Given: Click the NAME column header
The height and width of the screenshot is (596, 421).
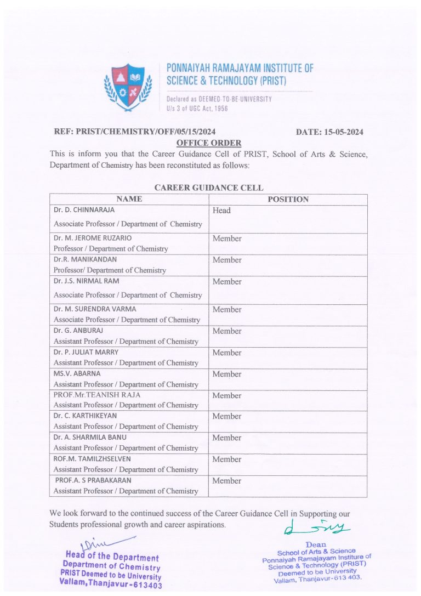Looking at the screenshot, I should (x=129, y=200).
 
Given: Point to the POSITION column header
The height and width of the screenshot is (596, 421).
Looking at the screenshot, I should (x=288, y=200).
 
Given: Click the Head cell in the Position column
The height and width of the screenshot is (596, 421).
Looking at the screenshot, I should (x=221, y=211).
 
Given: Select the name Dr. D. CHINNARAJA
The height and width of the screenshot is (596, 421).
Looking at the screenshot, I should (x=84, y=210).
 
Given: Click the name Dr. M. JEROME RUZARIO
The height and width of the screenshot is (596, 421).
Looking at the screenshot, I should (x=93, y=238).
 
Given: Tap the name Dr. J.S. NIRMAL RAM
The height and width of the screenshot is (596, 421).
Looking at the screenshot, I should (x=86, y=281).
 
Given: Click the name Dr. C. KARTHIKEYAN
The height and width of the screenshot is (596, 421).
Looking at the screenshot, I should (x=85, y=416).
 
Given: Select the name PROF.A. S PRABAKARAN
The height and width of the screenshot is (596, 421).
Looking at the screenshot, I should (x=93, y=480).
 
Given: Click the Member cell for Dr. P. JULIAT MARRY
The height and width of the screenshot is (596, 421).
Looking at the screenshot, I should (x=227, y=353).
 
